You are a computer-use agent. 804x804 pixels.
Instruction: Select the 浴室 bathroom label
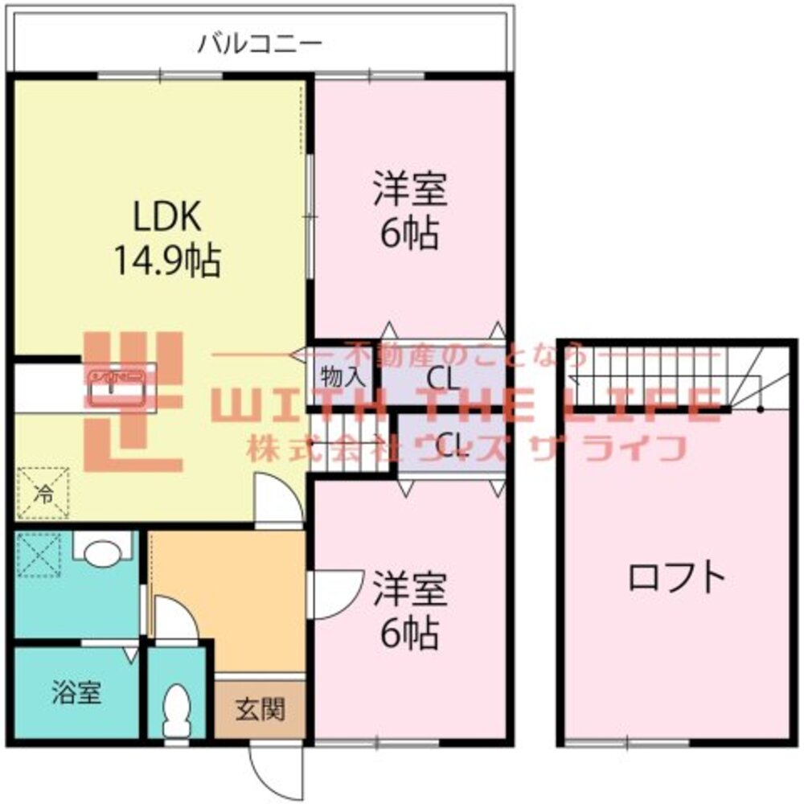[77, 693]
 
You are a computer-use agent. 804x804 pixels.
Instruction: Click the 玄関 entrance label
[260, 710]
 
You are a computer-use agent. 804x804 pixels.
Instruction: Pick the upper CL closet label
[443, 375]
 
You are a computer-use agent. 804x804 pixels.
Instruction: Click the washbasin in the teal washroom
[101, 552]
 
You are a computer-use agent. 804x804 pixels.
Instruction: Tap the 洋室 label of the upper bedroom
[409, 191]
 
